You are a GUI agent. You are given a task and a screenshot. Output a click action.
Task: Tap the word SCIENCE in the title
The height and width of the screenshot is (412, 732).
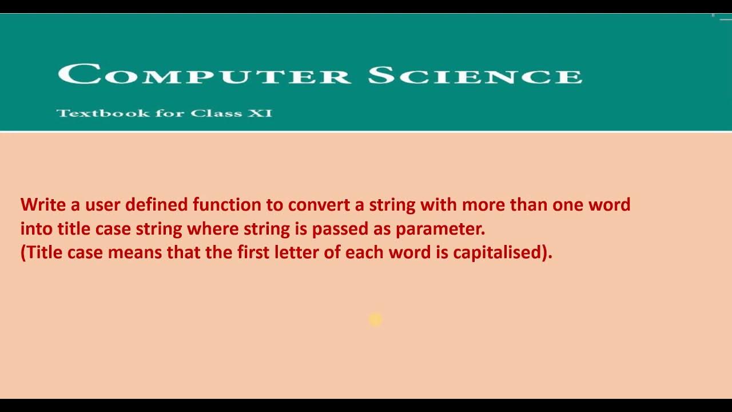[x=475, y=75]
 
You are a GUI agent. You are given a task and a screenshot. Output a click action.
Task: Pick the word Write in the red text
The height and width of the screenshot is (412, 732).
[x=42, y=204]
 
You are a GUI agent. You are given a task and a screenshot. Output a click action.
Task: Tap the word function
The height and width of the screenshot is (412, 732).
[x=226, y=204]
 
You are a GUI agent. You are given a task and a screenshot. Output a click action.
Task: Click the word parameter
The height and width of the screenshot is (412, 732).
[x=440, y=229]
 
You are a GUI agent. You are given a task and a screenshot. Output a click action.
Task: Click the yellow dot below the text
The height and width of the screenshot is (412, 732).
[x=375, y=319]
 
